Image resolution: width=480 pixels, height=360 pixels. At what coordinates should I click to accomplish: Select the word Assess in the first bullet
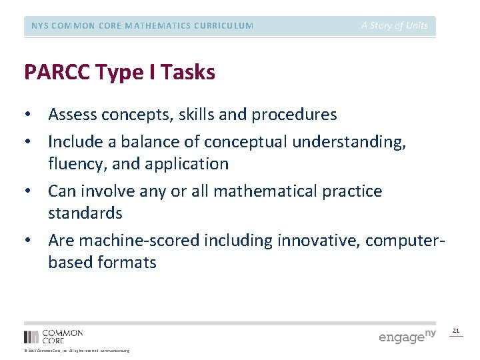73,115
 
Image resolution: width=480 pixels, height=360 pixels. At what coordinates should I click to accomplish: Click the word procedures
294,115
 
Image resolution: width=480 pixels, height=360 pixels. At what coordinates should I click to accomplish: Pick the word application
187,164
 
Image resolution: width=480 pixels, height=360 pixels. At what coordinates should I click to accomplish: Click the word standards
85,213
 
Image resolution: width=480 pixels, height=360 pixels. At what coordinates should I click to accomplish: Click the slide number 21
456,331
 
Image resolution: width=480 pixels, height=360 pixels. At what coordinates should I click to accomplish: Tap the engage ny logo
407,336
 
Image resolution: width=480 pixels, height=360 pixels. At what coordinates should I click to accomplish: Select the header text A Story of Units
395,26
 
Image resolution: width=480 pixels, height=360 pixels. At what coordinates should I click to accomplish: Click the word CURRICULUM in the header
220,26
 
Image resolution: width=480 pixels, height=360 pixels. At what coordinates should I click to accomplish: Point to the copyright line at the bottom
77,351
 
